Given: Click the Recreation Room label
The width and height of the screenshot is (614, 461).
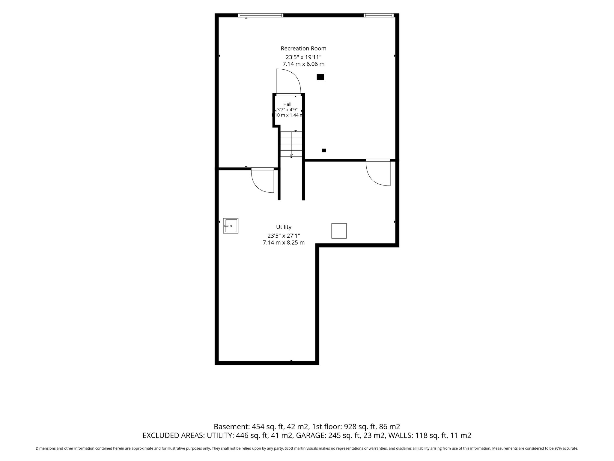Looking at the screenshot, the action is [303, 48].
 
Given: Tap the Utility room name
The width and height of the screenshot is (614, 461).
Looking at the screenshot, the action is [284, 227].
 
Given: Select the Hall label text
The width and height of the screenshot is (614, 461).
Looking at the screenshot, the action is [287, 104].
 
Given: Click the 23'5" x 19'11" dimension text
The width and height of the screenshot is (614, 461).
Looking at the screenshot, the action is [303, 57].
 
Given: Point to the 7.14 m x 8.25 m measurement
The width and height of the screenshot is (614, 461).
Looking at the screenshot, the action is [284, 243].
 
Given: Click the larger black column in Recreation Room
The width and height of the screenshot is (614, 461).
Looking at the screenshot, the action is [320, 77].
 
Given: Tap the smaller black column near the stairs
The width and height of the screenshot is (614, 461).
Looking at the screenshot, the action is [324, 150].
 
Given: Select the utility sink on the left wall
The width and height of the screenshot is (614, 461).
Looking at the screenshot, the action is [231, 226].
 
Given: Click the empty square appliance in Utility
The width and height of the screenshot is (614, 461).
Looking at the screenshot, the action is [339, 231].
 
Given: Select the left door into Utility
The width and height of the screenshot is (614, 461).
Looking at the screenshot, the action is [263, 180].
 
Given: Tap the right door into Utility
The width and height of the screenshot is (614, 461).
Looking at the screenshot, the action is [378, 173].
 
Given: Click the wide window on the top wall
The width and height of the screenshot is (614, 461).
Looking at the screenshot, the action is [261, 15].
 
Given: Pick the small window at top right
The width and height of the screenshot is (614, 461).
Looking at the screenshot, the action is [379, 15].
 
